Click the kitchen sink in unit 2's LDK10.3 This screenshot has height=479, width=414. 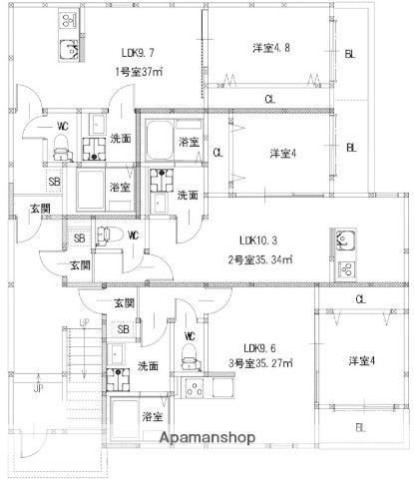click(x=345, y=240)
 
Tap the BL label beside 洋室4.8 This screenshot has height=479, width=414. click(x=350, y=54)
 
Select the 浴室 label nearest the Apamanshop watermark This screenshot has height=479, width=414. click(x=152, y=415)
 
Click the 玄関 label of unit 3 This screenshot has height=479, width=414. click(x=123, y=302)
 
